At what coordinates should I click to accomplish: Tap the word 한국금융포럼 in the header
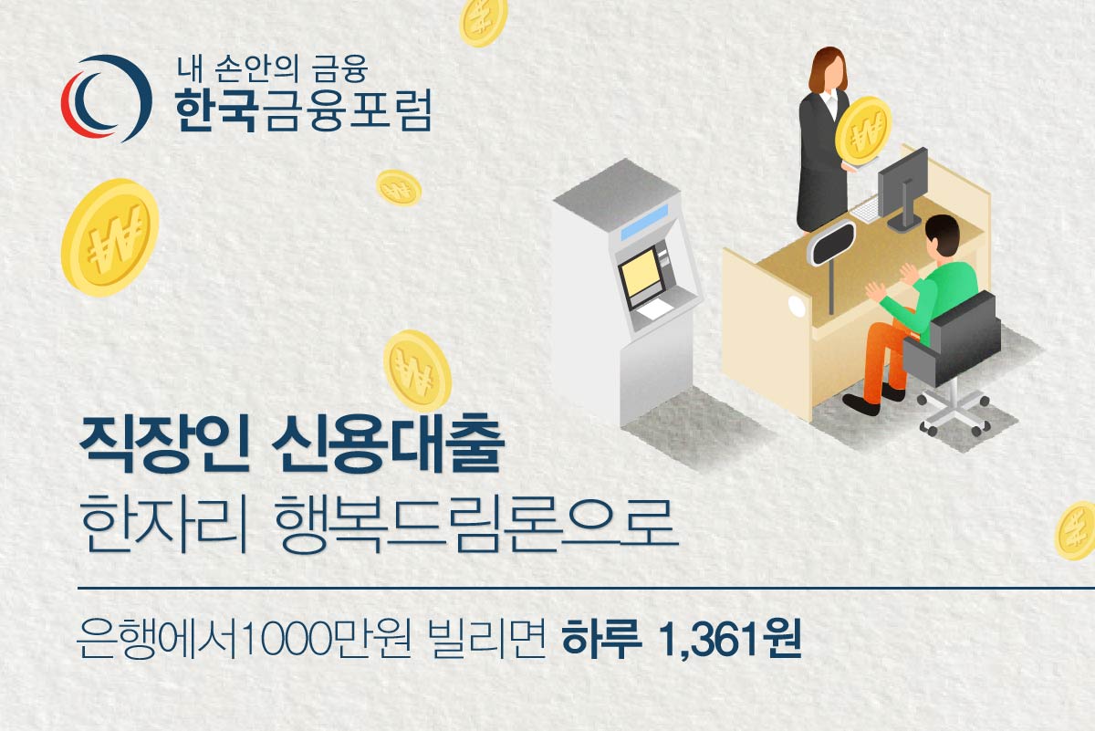pos(304,110)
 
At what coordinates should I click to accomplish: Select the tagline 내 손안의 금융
pos(272,69)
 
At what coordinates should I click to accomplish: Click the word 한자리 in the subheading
pos(163,523)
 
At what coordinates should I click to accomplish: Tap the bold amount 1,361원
pos(731,639)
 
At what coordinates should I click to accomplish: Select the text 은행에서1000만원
pos(244,639)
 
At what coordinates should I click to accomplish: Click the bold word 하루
pos(601,639)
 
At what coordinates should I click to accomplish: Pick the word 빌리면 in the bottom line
pos(487,639)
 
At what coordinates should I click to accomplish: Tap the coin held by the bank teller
pos(864,131)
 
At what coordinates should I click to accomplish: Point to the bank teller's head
pos(829,69)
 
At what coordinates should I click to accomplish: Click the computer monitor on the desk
pos(902,187)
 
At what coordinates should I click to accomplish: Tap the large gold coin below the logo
pos(110,237)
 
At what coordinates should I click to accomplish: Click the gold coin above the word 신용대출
pos(417,371)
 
